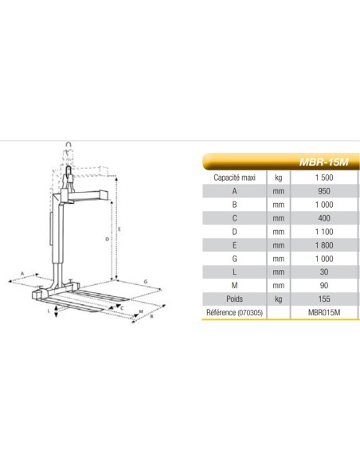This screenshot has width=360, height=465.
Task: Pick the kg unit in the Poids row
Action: coord(278,299)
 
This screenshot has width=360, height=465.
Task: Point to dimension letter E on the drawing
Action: coord(120,229)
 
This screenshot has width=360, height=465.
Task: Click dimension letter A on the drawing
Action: coord(23,273)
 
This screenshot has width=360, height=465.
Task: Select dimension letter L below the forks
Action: coord(49,313)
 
